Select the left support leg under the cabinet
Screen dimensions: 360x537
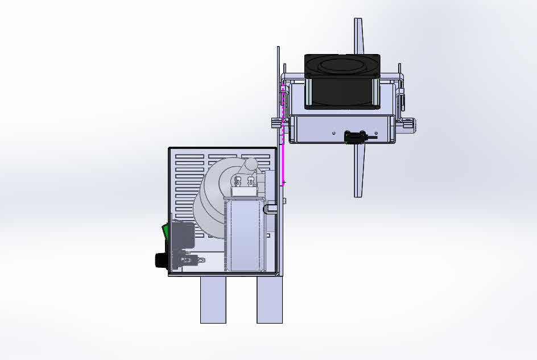click(x=213, y=300)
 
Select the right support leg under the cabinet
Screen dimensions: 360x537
click(x=270, y=300)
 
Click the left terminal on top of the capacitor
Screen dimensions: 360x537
click(x=237, y=183)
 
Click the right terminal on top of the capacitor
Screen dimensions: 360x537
click(x=250, y=183)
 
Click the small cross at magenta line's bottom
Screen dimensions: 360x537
click(x=284, y=183)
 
